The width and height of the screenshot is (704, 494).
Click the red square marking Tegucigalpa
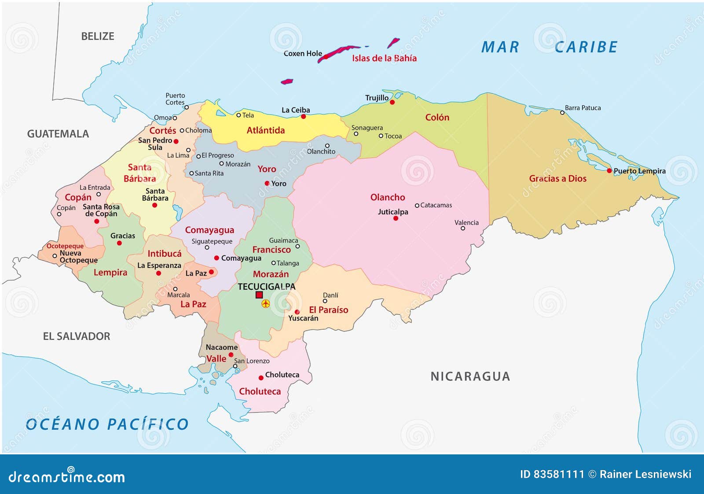pyautogui.click(x=259, y=295)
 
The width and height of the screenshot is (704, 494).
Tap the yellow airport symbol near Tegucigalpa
pyautogui.click(x=266, y=304)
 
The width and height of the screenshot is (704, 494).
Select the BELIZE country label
pyautogui.click(x=98, y=37)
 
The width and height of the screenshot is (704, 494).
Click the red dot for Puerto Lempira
pyautogui.click(x=609, y=171)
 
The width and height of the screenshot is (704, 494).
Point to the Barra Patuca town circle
pyautogui.click(x=562, y=113)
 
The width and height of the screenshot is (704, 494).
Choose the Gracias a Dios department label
pyautogui.click(x=557, y=178)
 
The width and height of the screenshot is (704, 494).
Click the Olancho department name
pyautogui.click(x=387, y=197)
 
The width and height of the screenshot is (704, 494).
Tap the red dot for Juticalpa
pyautogui.click(x=396, y=218)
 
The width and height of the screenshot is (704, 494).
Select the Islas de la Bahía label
pyautogui.click(x=384, y=58)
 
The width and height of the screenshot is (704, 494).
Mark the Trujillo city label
pyautogui.click(x=377, y=98)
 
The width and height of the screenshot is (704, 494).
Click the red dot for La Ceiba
pyautogui.click(x=303, y=117)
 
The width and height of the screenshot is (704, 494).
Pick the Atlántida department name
pyautogui.click(x=265, y=130)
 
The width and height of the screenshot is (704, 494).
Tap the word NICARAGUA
pyautogui.click(x=470, y=376)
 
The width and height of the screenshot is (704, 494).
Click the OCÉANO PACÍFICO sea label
pyautogui.click(x=107, y=424)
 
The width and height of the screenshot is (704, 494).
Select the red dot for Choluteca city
pyautogui.click(x=261, y=378)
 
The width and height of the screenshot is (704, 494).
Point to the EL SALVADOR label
pyautogui.click(x=77, y=336)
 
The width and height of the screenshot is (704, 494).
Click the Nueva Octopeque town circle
pyautogui.click(x=55, y=256)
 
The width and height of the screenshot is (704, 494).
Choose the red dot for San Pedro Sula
pyautogui.click(x=176, y=141)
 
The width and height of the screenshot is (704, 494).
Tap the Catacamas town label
pyautogui.click(x=436, y=205)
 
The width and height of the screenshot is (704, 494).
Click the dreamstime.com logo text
pyautogui.click(x=66, y=476)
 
